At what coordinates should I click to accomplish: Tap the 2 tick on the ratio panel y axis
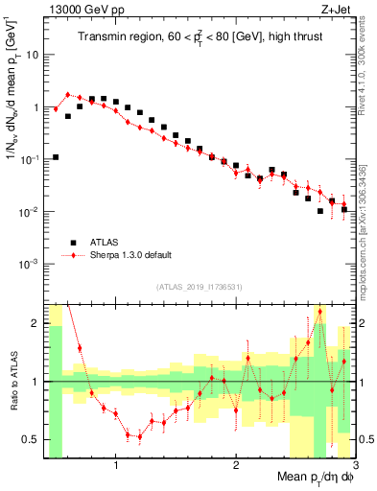(36, 323)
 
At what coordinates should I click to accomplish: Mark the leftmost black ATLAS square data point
(56, 156)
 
